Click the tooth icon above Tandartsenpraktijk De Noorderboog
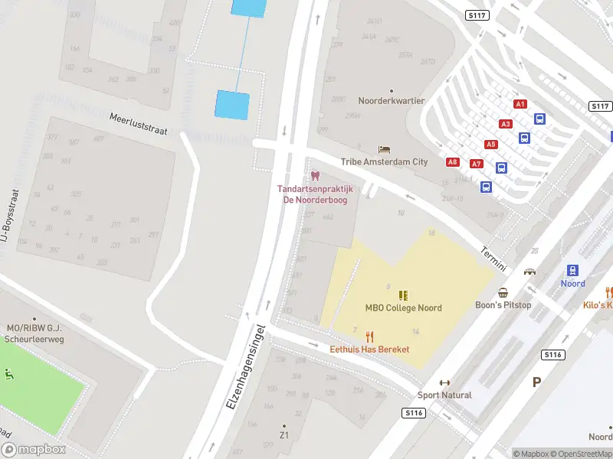pyautogui.click(x=314, y=176)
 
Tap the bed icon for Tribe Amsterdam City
pyautogui.click(x=384, y=149)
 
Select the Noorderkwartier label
pyautogui.click(x=391, y=100)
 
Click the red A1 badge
pyautogui.click(x=520, y=104)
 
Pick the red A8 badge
pyautogui.click(x=453, y=162)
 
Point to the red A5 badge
pyautogui.click(x=490, y=144)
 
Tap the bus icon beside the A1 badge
pyautogui.click(x=539, y=119)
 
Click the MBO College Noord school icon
pyautogui.click(x=403, y=295)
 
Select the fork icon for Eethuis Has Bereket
pyautogui.click(x=369, y=336)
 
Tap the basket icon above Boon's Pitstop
pyautogui.click(x=503, y=292)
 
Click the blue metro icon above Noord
pyautogui.click(x=572, y=270)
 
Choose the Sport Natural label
pyautogui.click(x=444, y=396)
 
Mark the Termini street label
pyautogui.click(x=494, y=259)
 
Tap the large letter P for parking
pyautogui.click(x=536, y=381)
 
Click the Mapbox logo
pyautogui.click(x=34, y=450)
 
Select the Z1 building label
pyautogui.click(x=284, y=435)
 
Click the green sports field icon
pyautogui.click(x=9, y=374)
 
